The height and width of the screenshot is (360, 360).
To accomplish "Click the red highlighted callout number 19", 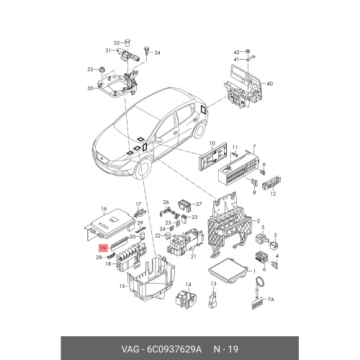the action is click(103, 248).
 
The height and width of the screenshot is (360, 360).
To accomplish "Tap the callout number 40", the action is click(270, 84).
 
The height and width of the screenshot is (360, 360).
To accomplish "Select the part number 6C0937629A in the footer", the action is click(174, 349).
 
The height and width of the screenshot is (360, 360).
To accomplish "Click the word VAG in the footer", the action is click(130, 349).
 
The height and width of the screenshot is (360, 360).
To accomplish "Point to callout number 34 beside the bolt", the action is click(157, 53).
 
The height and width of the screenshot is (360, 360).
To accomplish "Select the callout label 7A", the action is click(271, 300).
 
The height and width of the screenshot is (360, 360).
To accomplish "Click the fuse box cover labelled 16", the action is click(110, 225).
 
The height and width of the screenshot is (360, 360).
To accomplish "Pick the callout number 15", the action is click(122, 286).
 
